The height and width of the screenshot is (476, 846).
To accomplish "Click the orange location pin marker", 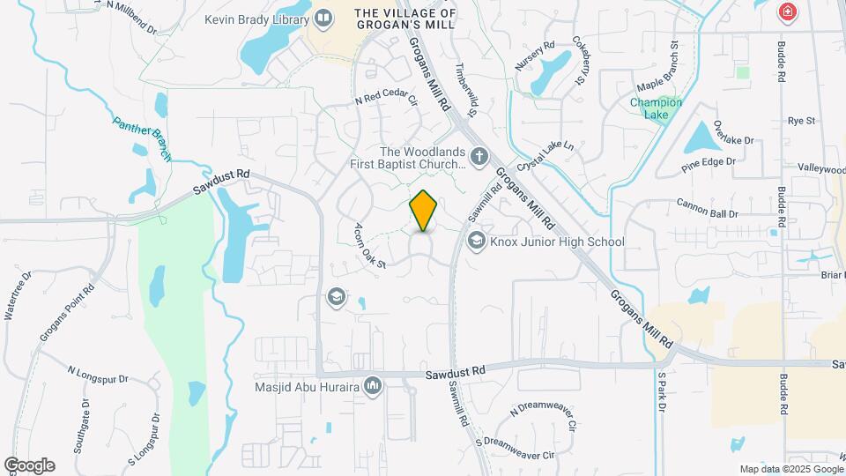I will pos(424,211).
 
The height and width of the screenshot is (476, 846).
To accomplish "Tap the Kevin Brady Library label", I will pos(256,19).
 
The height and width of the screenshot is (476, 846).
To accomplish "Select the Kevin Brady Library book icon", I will pos(323,18).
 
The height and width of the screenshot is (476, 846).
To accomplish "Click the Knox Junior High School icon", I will pos(477,241).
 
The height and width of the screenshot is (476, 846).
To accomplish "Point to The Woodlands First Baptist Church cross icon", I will pos(479,158).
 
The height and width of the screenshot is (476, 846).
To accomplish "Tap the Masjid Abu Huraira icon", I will pos(373,385).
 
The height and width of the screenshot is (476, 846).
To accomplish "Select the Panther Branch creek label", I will pos(141,138).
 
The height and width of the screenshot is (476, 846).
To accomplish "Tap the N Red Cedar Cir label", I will pos(385,100).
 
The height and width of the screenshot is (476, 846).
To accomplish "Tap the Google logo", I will pos(29,465).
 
